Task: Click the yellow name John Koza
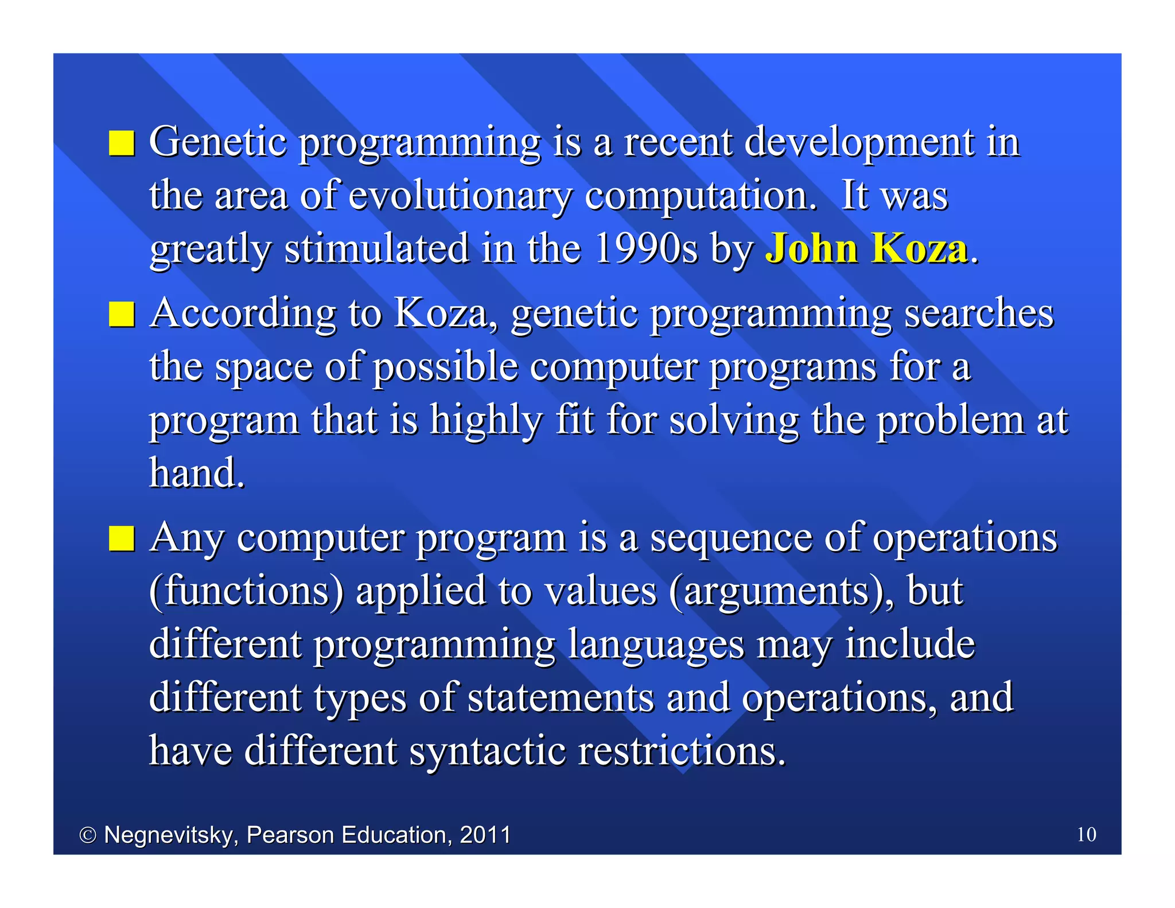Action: (x=866, y=249)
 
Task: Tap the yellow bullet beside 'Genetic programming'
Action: (x=122, y=143)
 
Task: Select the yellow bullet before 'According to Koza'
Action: (x=122, y=315)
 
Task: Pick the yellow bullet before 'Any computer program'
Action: (x=122, y=539)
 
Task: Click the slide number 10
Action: (x=1086, y=834)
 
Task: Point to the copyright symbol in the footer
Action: (x=87, y=835)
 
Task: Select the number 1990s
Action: (x=646, y=249)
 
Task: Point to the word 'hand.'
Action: (x=197, y=473)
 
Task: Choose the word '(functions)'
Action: (x=246, y=591)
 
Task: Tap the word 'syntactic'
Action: (x=488, y=750)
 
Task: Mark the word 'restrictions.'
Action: (x=682, y=750)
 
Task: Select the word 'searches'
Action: (x=979, y=313)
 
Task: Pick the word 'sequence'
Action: (x=730, y=539)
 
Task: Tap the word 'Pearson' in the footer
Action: (x=290, y=835)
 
